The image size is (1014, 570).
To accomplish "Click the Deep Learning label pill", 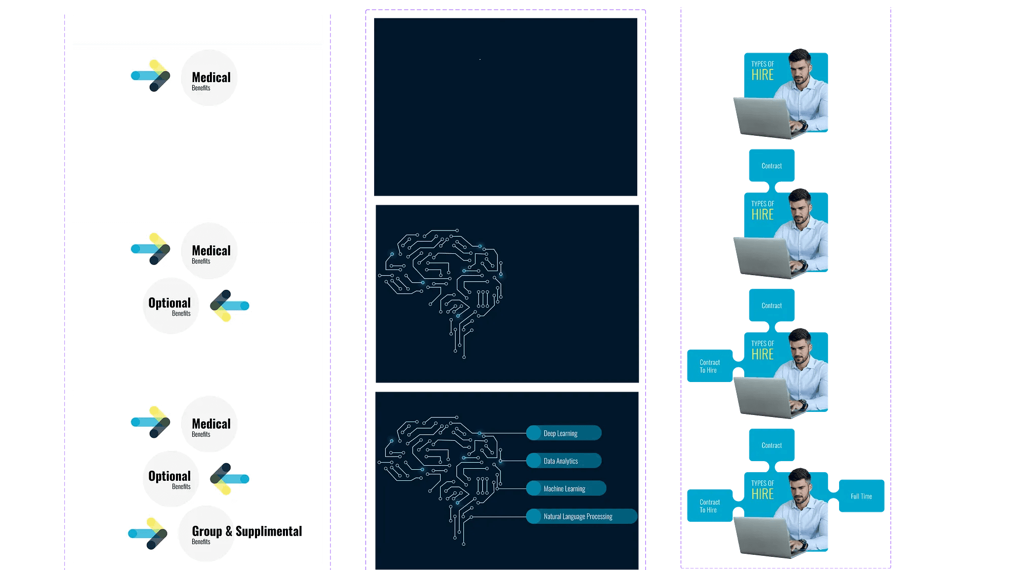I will tap(564, 433).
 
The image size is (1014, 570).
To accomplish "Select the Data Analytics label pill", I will tap(564, 461).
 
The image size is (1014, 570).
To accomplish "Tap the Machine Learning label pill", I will tap(566, 488).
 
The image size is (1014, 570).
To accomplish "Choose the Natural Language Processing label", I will tap(581, 516).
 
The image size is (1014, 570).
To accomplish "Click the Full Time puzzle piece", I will tap(861, 496).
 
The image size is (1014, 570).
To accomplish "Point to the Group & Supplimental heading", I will tap(246, 531).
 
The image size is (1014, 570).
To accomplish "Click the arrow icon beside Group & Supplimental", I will tap(148, 533).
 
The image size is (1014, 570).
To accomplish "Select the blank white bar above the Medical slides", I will tap(197, 29).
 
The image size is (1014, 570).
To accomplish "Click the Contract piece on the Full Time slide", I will tap(772, 445).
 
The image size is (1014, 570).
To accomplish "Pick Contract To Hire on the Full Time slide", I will tap(709, 506).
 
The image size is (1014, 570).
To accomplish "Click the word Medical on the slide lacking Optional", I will tap(211, 78).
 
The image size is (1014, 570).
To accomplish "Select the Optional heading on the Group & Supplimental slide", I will tap(169, 476).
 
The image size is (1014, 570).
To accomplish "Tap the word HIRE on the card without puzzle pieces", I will tap(763, 75).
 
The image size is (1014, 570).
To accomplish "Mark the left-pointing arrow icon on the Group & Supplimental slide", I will tap(230, 479).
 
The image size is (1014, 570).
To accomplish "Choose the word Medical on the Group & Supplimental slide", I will tap(211, 424).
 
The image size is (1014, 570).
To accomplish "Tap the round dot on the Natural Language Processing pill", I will tap(534, 516).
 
